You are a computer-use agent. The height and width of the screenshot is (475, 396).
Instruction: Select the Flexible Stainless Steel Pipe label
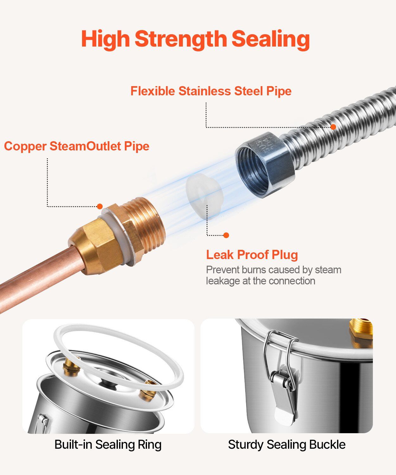pos(211,91)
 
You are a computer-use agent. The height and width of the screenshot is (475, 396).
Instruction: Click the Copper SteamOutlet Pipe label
pos(77,146)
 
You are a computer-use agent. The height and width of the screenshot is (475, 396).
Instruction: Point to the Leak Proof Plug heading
pos(252,255)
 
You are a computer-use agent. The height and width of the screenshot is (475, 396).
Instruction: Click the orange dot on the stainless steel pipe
pos(333,127)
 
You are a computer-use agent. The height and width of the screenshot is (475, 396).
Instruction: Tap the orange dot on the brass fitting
pos(100,206)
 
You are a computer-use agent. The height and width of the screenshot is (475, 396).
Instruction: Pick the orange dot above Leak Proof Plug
pos(226,235)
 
